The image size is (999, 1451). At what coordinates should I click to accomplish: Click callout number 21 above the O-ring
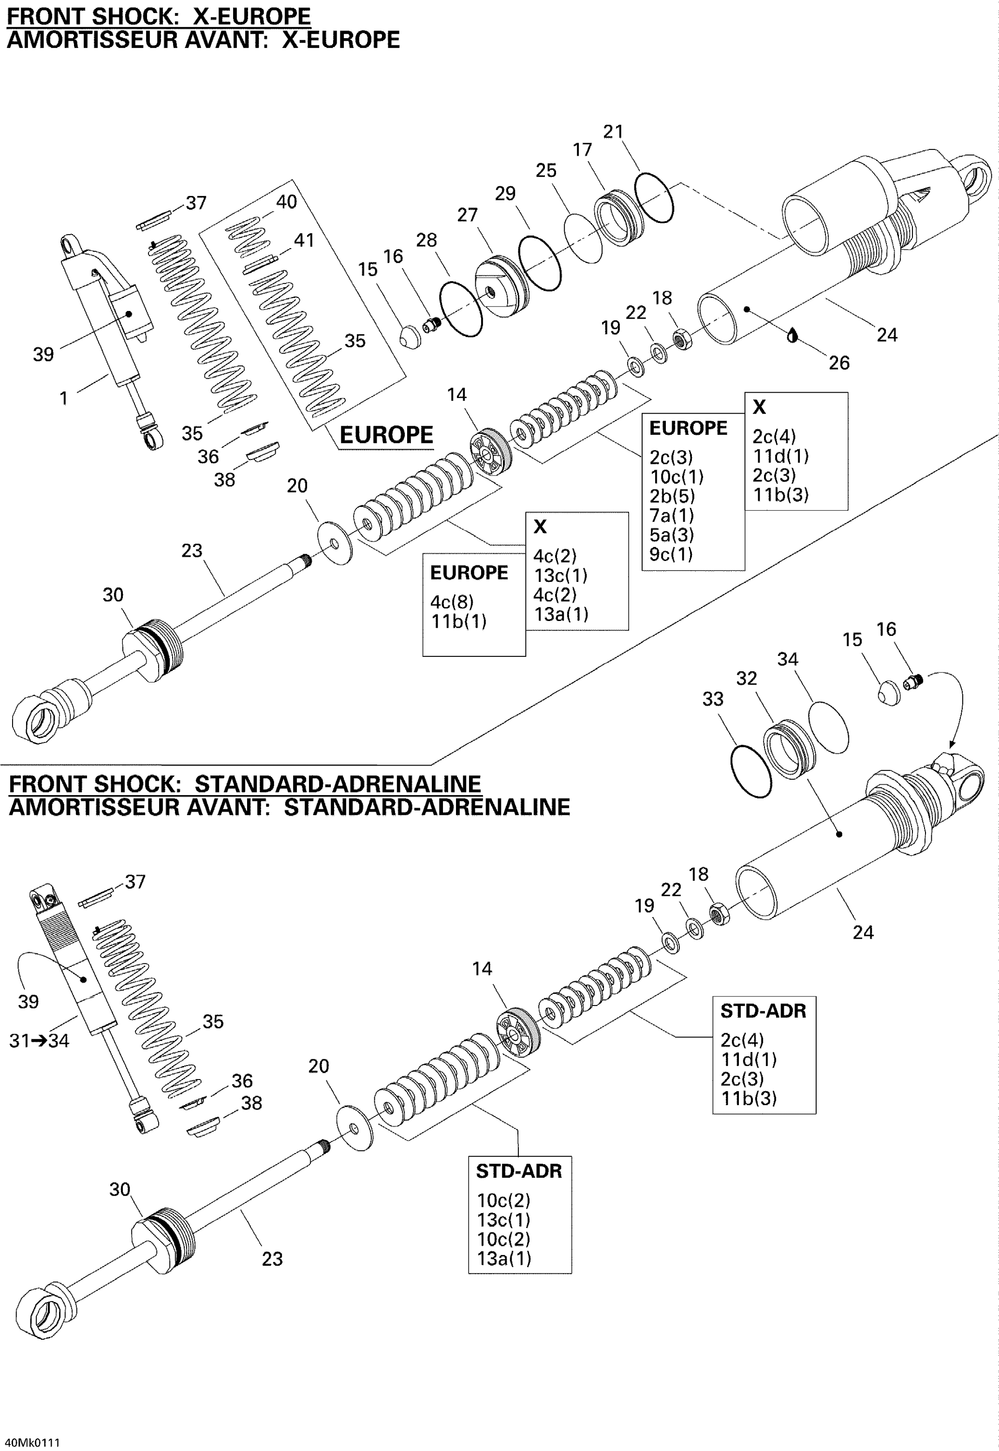(613, 132)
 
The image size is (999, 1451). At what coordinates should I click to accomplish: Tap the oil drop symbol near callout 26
(793, 336)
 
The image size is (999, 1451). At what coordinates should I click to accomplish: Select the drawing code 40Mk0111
(32, 1442)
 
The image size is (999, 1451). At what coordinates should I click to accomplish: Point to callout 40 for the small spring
(286, 202)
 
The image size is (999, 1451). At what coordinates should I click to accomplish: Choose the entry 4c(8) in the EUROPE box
(451, 602)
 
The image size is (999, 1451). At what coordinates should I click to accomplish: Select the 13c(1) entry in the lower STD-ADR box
(503, 1219)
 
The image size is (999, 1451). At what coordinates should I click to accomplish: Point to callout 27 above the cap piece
(467, 215)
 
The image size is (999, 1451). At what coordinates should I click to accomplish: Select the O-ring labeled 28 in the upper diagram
(461, 309)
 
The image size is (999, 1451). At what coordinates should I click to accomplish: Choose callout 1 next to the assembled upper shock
(63, 398)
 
